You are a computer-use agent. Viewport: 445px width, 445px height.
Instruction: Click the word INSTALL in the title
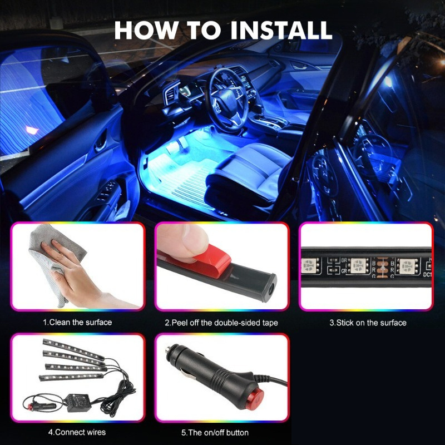click(x=281, y=30)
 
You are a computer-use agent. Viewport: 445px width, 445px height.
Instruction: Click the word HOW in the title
click(x=146, y=30)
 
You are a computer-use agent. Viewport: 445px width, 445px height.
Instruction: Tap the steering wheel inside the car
click(x=226, y=100)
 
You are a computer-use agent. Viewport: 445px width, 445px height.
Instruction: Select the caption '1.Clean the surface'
click(x=77, y=323)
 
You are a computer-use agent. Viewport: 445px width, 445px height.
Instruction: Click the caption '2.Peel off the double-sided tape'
click(x=221, y=323)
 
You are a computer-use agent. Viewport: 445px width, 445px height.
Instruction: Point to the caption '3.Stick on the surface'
click(x=368, y=323)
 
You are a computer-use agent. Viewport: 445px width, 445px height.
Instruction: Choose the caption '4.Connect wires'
click(x=77, y=432)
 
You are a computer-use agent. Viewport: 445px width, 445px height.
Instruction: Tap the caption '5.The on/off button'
click(x=215, y=433)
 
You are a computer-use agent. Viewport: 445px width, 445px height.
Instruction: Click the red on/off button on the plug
click(x=258, y=397)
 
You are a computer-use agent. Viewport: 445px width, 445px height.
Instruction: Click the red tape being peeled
click(x=207, y=263)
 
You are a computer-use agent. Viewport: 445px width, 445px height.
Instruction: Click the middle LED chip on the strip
click(x=358, y=266)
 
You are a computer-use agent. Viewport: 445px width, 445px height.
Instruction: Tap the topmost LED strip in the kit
click(x=73, y=349)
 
